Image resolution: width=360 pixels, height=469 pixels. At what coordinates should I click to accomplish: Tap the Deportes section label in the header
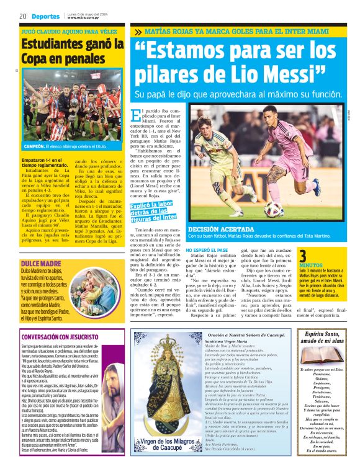(45, 16)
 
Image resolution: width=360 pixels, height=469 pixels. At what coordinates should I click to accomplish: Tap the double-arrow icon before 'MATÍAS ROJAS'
(137, 31)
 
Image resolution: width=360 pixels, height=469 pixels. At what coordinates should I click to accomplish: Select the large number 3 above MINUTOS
(303, 256)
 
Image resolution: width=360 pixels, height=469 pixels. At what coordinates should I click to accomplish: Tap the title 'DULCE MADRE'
(37, 264)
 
